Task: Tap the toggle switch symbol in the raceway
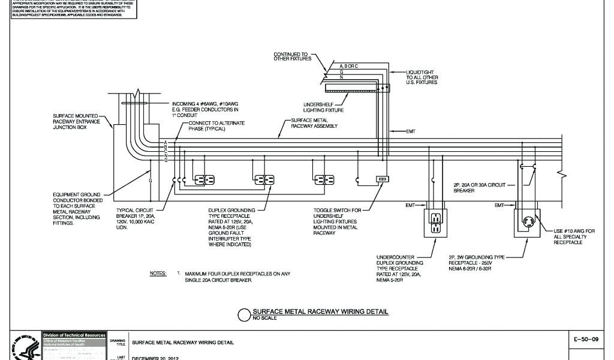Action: click(382, 179)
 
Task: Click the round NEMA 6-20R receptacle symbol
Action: click(528, 223)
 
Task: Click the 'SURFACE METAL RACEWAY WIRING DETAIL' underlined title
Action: click(320, 312)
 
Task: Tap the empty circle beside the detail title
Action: click(244, 315)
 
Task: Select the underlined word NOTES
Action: click(158, 273)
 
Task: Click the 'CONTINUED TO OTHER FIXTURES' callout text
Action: click(291, 56)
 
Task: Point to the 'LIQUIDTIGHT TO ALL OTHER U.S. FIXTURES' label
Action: click(422, 77)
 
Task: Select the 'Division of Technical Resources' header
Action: click(74, 335)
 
